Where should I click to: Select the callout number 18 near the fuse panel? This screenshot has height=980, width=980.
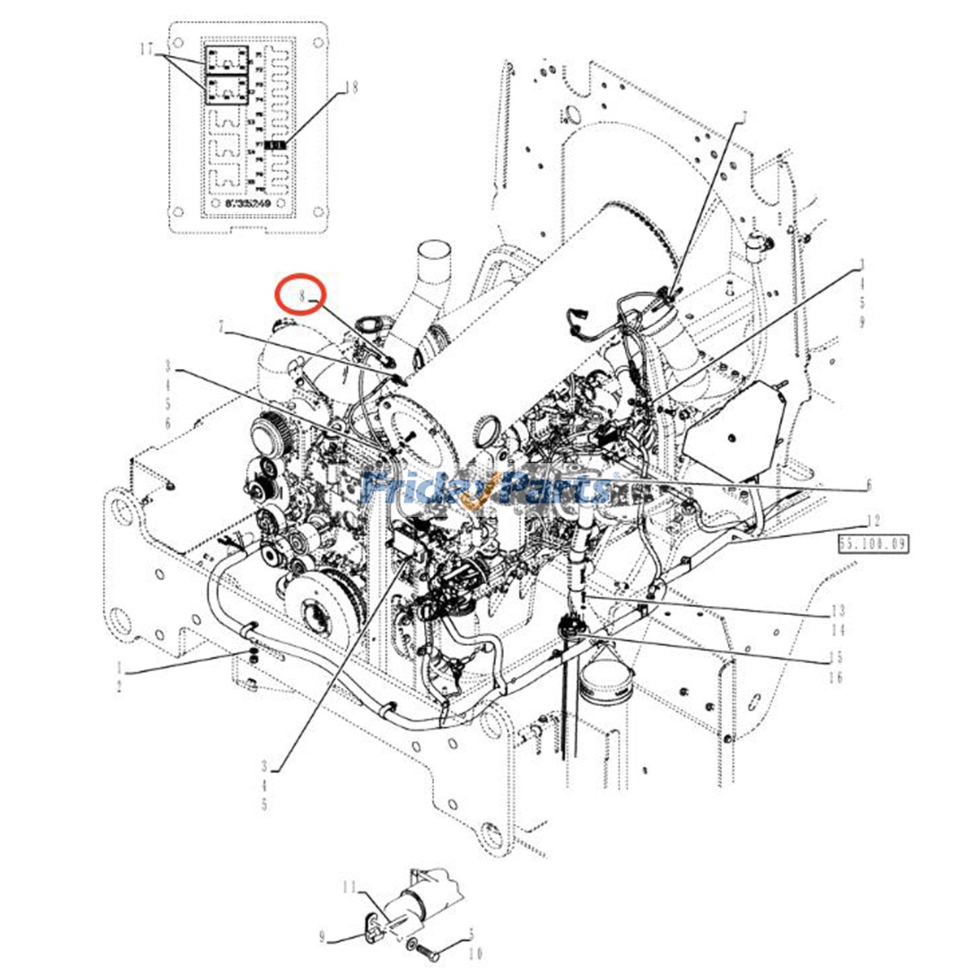point(352,88)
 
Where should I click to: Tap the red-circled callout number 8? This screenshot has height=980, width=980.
point(301,296)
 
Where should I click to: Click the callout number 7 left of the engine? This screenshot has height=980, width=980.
point(221,328)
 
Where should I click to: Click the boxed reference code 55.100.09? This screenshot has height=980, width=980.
point(873,543)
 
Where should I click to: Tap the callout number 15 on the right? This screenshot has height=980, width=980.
point(836,657)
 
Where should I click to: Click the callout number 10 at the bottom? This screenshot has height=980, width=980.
point(476,954)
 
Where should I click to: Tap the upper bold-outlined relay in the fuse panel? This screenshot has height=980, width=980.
point(227,60)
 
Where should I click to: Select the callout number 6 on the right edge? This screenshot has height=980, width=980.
point(868,485)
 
